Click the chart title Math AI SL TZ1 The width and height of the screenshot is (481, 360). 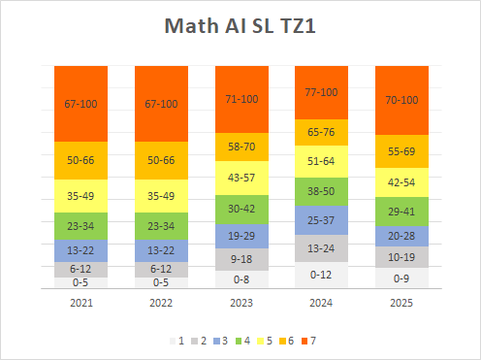pos(240,29)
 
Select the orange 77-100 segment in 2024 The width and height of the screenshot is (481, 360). pos(321,92)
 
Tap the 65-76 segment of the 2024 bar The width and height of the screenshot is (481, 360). pos(321,132)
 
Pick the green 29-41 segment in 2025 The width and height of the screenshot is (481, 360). pos(401,211)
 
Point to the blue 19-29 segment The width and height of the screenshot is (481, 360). pos(241,236)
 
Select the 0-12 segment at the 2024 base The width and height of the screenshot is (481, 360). pos(321,275)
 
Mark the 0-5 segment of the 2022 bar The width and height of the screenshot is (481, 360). pos(162,282)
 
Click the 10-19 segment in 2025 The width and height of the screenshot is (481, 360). pos(401,257)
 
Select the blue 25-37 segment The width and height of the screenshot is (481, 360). pos(321,220)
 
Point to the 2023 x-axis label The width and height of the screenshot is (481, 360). pos(241,302)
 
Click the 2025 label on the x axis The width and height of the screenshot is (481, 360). pos(401,302)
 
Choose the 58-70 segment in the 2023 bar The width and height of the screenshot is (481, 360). pos(241,147)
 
